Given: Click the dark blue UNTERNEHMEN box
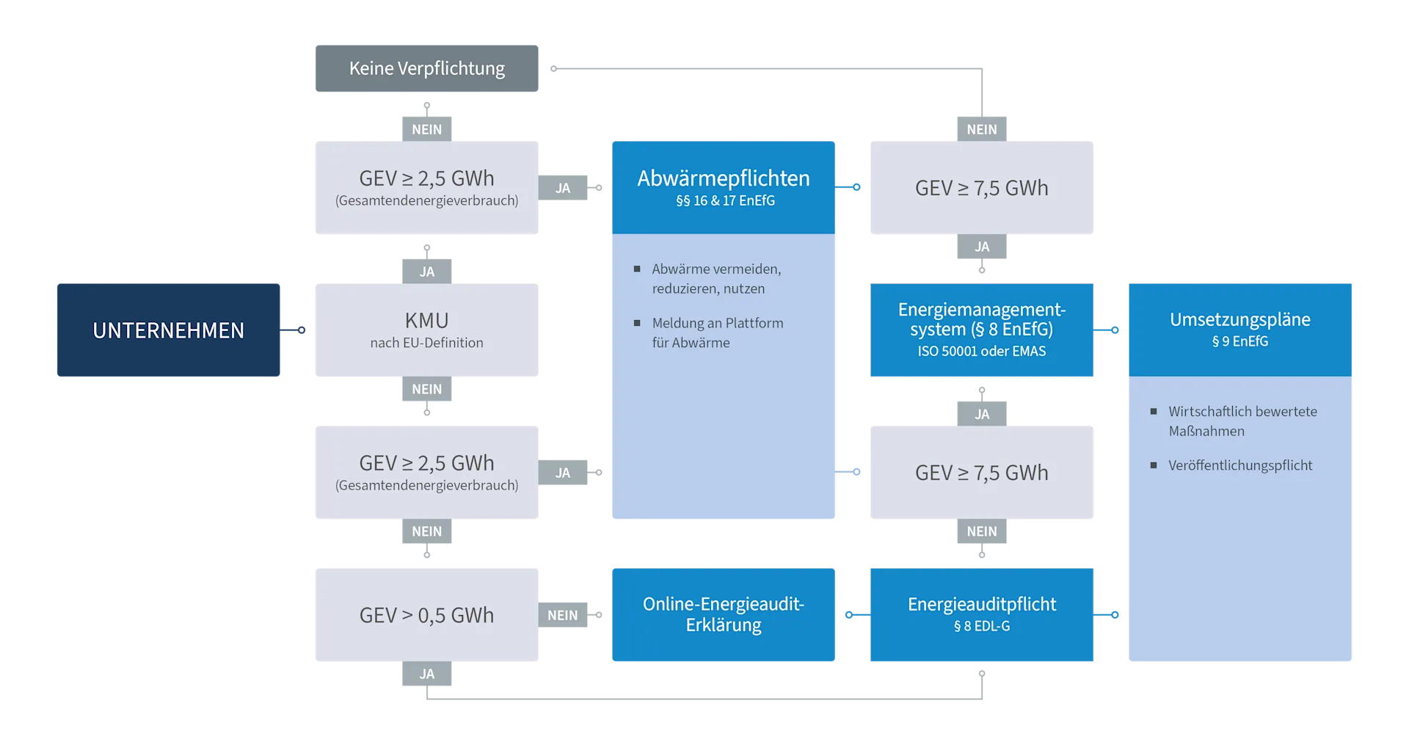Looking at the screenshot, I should coord(168,330).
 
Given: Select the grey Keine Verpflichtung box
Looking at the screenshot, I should coord(426,68).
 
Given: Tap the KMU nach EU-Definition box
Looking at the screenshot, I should coord(426,330).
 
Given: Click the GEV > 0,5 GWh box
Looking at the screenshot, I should coord(426,614).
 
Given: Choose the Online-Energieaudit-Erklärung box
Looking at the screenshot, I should coord(724,614).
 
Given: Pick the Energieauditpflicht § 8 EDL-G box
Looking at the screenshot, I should coord(982,614).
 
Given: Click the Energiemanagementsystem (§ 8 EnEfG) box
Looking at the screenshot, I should coord(982,330).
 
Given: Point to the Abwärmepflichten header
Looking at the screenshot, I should coord(724,187).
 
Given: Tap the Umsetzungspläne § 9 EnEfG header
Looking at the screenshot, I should coord(1240,329).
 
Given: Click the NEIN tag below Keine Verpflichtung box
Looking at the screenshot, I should coord(426,129).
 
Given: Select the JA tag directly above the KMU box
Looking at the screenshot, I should coord(426,272).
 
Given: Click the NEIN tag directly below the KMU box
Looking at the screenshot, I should coord(426,389).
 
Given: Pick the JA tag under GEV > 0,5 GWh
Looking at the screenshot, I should coord(426,674).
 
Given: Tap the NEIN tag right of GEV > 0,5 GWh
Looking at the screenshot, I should coord(563,615).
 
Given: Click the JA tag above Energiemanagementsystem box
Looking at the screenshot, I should coord(982,247).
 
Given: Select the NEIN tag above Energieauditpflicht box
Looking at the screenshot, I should coord(982,531).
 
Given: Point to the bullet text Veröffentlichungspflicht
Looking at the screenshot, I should coord(1240,465).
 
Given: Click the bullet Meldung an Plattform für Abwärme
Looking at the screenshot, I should coord(717,332).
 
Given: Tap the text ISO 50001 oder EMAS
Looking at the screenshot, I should coord(982,352).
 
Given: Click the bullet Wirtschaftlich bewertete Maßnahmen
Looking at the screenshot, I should coord(1242,421).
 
